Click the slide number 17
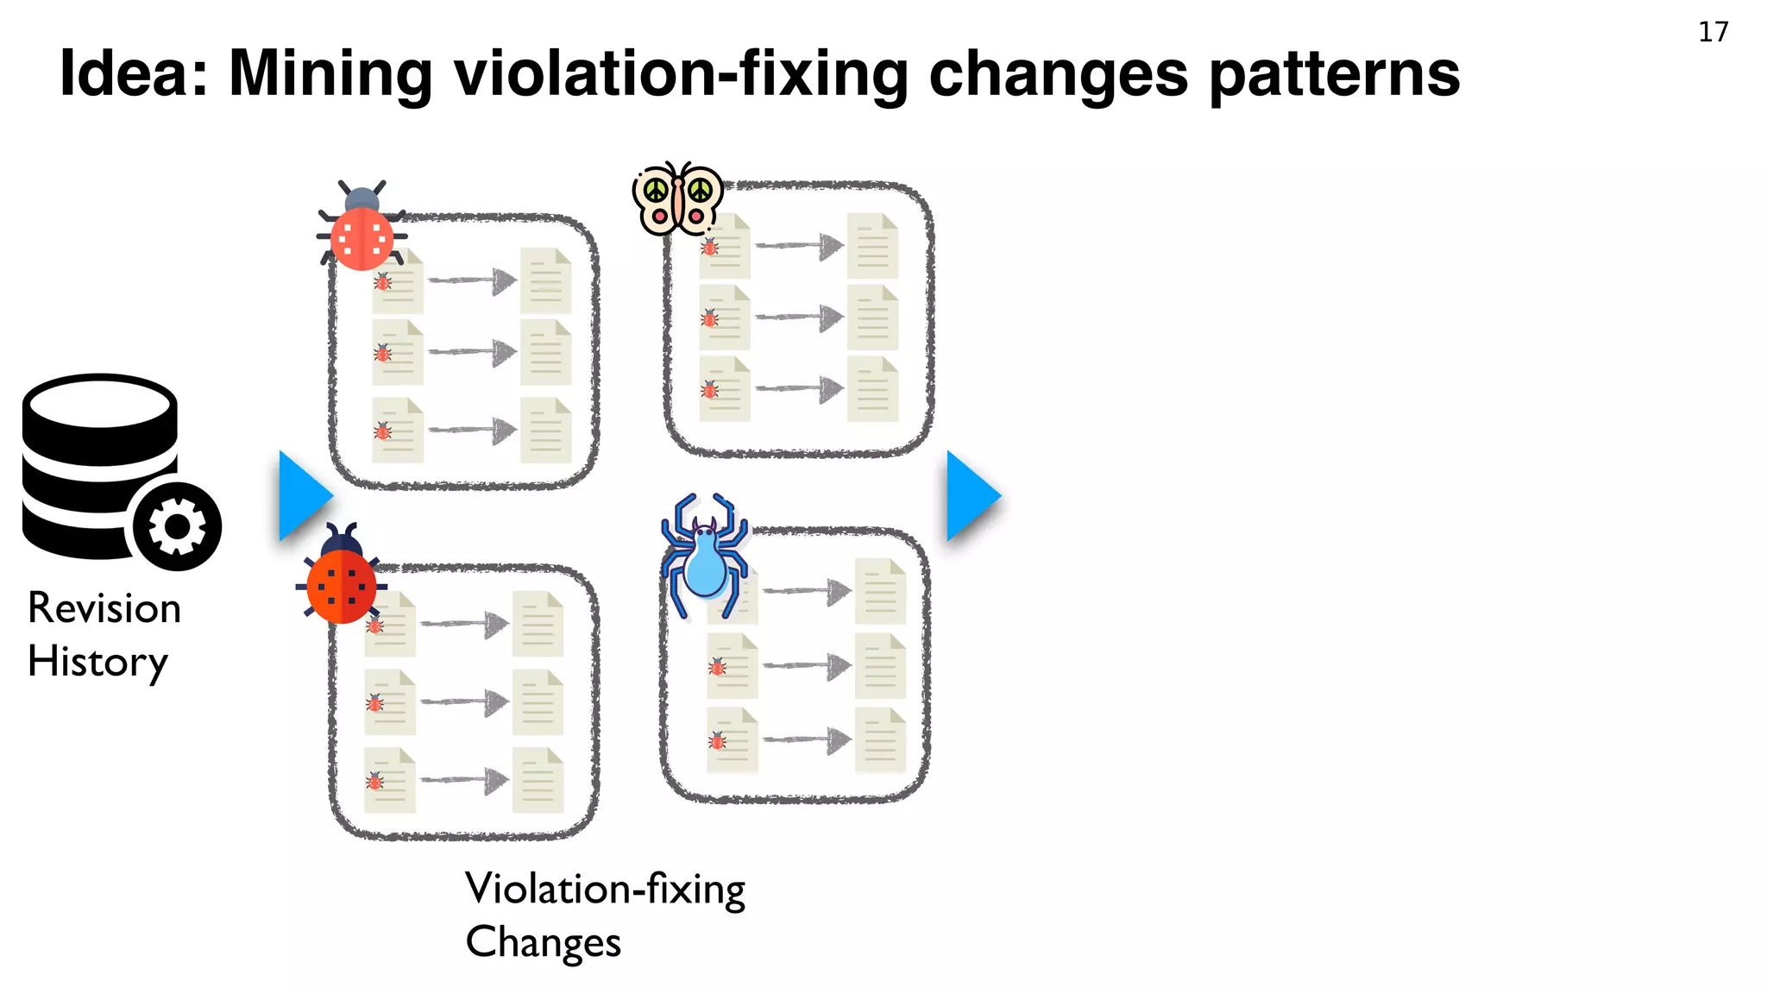(1713, 32)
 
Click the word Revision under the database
(104, 608)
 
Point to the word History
(97, 663)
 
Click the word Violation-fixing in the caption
(605, 890)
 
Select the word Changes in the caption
(543, 942)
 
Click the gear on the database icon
(177, 526)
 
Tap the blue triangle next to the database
(303, 496)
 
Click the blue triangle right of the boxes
(972, 496)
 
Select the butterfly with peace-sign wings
(678, 198)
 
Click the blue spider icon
(704, 557)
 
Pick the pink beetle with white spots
(362, 228)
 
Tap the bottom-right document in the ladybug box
(538, 780)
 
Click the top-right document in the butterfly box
(872, 246)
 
